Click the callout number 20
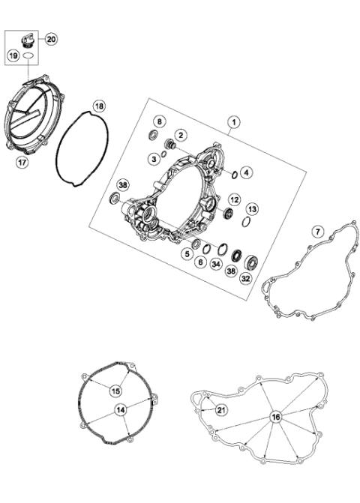coord(51,38)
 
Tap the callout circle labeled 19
coord(14,55)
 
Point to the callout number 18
coord(100,106)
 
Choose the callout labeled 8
coord(159,121)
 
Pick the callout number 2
coord(181,134)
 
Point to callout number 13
coord(253,208)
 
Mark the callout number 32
coord(245,278)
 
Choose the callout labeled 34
coord(215,264)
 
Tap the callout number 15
coord(115,391)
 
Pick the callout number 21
coord(220,409)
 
